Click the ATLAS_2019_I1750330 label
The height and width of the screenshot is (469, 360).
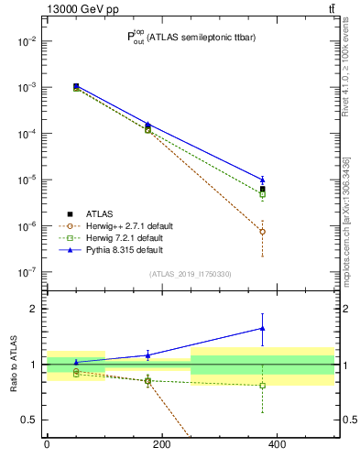191,274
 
